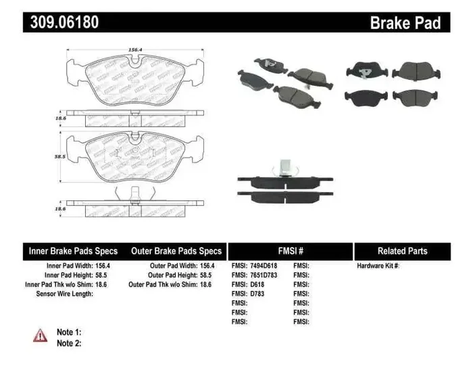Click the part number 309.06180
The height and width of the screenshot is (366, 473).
[64, 22]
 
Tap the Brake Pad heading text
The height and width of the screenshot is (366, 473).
[405, 22]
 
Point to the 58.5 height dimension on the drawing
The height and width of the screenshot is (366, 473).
[61, 156]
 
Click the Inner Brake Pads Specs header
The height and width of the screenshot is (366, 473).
[73, 251]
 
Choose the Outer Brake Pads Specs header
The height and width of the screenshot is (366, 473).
[176, 251]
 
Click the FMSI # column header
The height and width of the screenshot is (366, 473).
[291, 251]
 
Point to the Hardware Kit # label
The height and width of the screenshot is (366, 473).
[378, 266]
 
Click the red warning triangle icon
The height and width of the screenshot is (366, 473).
[41, 334]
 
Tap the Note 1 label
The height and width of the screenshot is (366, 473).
[69, 332]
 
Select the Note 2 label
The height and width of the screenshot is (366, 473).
[69, 343]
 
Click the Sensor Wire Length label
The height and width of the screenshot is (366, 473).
[64, 294]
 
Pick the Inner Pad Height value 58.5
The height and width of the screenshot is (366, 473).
[103, 275]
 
